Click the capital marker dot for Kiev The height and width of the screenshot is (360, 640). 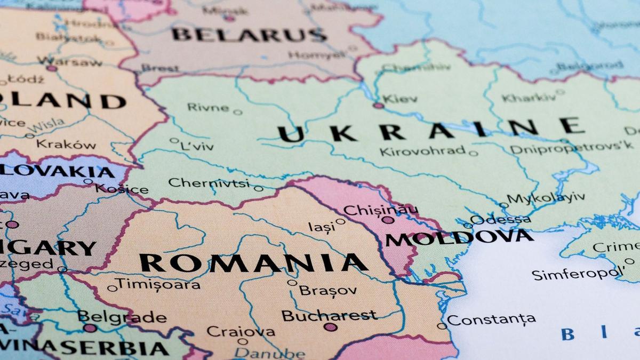379,106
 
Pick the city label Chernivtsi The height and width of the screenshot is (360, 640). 209,183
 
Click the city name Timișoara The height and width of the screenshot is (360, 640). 158,284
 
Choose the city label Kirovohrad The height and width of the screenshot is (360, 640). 422,151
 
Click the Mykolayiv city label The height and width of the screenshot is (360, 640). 545,198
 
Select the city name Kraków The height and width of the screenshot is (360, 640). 66,145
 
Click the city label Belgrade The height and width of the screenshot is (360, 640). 122,317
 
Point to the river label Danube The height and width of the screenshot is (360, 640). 270,353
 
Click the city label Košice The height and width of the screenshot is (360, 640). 122,189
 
